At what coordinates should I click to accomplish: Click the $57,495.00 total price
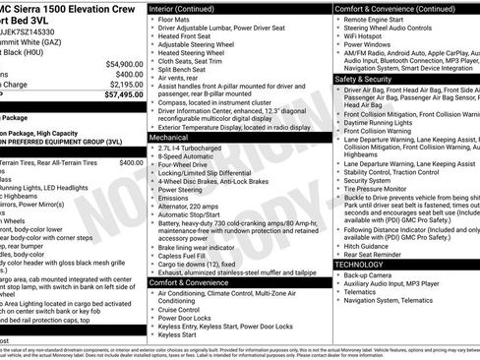(117, 95)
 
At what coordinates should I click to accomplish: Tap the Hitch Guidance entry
(372, 246)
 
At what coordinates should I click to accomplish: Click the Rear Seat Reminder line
(379, 255)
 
